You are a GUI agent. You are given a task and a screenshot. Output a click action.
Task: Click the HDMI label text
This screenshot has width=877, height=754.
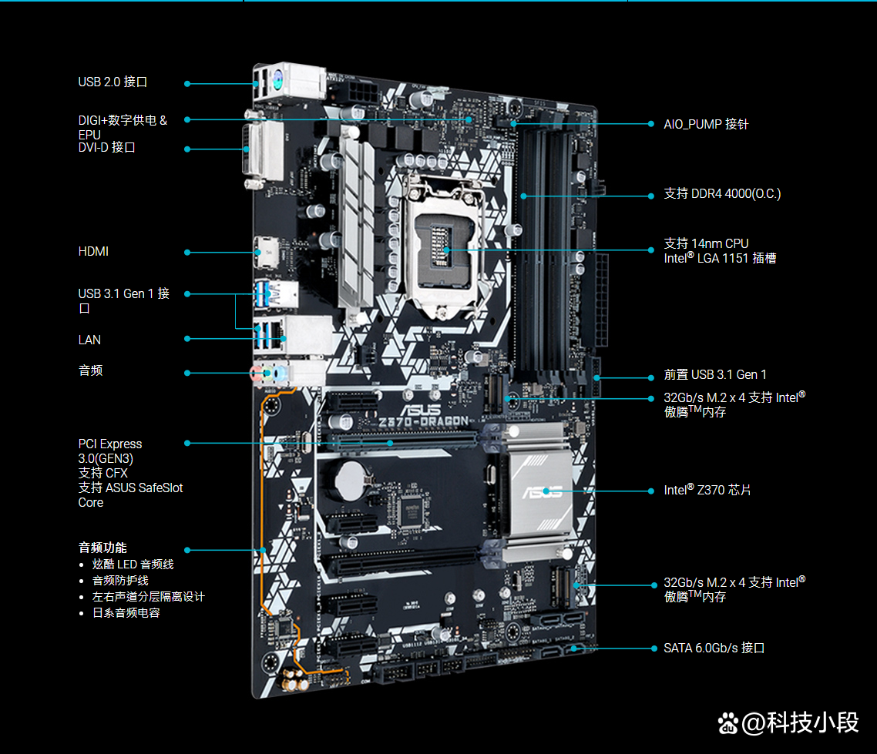93,252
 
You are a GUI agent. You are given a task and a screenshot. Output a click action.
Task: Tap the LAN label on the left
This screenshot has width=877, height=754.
89,340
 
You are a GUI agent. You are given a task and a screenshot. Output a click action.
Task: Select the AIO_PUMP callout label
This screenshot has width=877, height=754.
706,124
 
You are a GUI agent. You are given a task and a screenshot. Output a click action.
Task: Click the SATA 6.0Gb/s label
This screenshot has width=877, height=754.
714,648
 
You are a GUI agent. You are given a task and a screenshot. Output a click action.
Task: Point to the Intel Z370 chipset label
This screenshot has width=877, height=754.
707,490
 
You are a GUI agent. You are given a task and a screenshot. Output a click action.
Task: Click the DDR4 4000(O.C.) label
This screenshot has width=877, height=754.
722,193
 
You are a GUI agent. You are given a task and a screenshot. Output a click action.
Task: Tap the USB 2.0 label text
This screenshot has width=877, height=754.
113,82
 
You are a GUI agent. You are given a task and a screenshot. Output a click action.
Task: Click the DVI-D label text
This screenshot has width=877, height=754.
107,147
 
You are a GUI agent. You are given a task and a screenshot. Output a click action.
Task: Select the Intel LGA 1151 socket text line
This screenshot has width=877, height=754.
720,258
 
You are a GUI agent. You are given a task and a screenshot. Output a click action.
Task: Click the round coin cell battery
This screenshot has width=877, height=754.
351,480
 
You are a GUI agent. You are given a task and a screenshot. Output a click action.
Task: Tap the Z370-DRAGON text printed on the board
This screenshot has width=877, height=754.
423,421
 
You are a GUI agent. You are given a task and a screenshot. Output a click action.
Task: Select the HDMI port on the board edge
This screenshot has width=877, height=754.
266,252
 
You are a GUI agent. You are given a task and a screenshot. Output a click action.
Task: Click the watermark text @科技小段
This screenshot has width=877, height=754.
800,722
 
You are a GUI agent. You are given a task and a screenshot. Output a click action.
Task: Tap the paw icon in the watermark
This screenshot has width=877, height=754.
728,723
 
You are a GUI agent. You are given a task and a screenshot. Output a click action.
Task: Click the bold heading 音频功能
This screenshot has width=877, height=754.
102,547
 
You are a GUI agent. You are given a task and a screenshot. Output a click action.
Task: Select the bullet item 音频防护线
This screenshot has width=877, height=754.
120,581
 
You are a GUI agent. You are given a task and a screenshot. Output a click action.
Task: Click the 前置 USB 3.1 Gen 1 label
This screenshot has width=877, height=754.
715,374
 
